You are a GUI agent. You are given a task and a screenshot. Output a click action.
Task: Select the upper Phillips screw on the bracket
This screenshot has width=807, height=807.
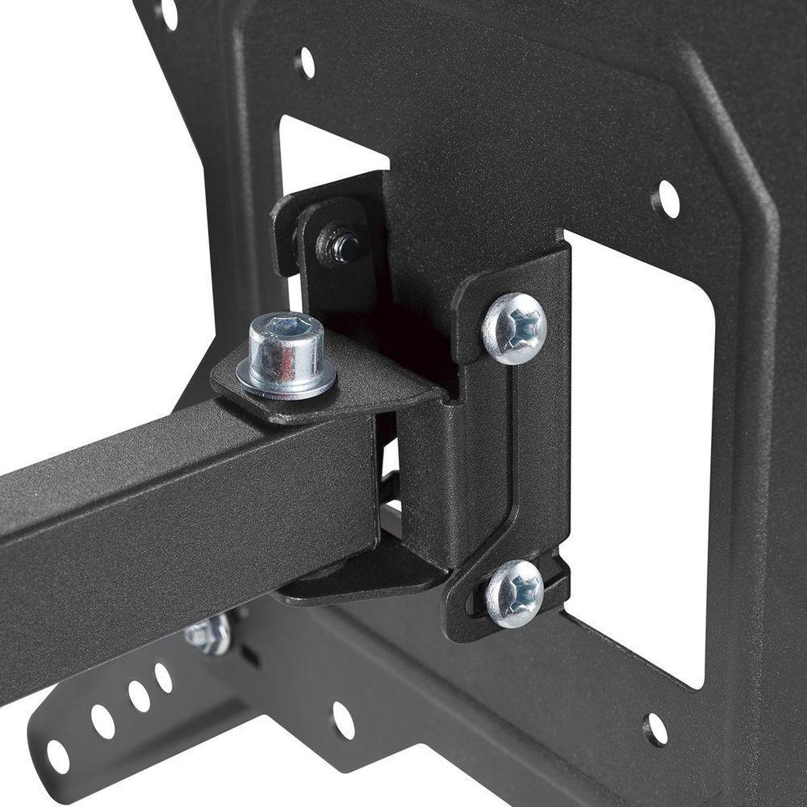coord(514,328)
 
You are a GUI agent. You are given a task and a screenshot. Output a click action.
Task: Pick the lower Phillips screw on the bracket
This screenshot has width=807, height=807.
coord(514,593)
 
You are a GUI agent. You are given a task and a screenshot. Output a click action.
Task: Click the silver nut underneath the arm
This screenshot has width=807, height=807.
coord(209,634)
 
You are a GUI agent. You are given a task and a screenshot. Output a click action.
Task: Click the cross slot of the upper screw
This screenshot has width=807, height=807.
coord(517,326)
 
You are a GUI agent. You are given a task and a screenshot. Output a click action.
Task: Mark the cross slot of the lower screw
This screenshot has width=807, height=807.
coord(517,593)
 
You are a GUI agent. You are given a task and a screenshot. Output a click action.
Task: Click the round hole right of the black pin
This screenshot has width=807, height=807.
coord(666,199)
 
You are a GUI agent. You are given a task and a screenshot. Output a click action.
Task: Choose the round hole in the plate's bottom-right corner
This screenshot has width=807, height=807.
coord(655,730)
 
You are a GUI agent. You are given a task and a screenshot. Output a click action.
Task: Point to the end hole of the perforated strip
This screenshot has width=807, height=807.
coord(58,756)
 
